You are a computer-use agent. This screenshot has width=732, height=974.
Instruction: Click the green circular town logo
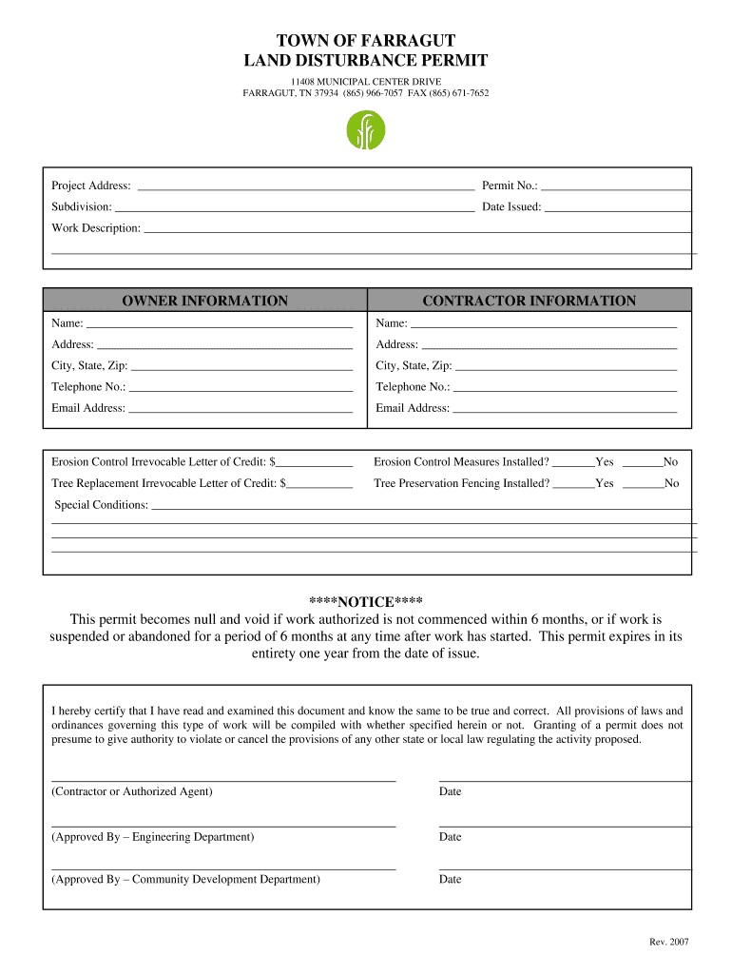(365, 130)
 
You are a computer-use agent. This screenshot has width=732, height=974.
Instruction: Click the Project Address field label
(91, 185)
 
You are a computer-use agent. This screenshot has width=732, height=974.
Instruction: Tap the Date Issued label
(511, 206)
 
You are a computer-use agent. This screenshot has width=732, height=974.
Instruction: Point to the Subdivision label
(82, 206)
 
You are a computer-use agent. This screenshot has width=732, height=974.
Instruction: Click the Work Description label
(96, 228)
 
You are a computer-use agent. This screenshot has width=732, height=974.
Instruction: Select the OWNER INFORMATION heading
(204, 301)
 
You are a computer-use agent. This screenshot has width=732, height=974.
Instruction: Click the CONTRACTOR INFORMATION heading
(529, 301)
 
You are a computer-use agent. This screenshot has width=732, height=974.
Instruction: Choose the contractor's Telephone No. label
(413, 387)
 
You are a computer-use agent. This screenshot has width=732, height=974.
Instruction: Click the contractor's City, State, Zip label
(414, 366)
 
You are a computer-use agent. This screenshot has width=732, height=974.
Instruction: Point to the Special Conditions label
(101, 505)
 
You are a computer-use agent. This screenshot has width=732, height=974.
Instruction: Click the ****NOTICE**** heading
(366, 602)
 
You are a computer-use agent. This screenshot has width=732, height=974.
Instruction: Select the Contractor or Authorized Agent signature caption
(132, 791)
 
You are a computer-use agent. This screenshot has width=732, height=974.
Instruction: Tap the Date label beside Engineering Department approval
(450, 837)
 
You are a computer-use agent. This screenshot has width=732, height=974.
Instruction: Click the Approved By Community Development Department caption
(185, 880)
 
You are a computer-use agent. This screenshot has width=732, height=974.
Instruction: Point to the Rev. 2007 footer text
(668, 942)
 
